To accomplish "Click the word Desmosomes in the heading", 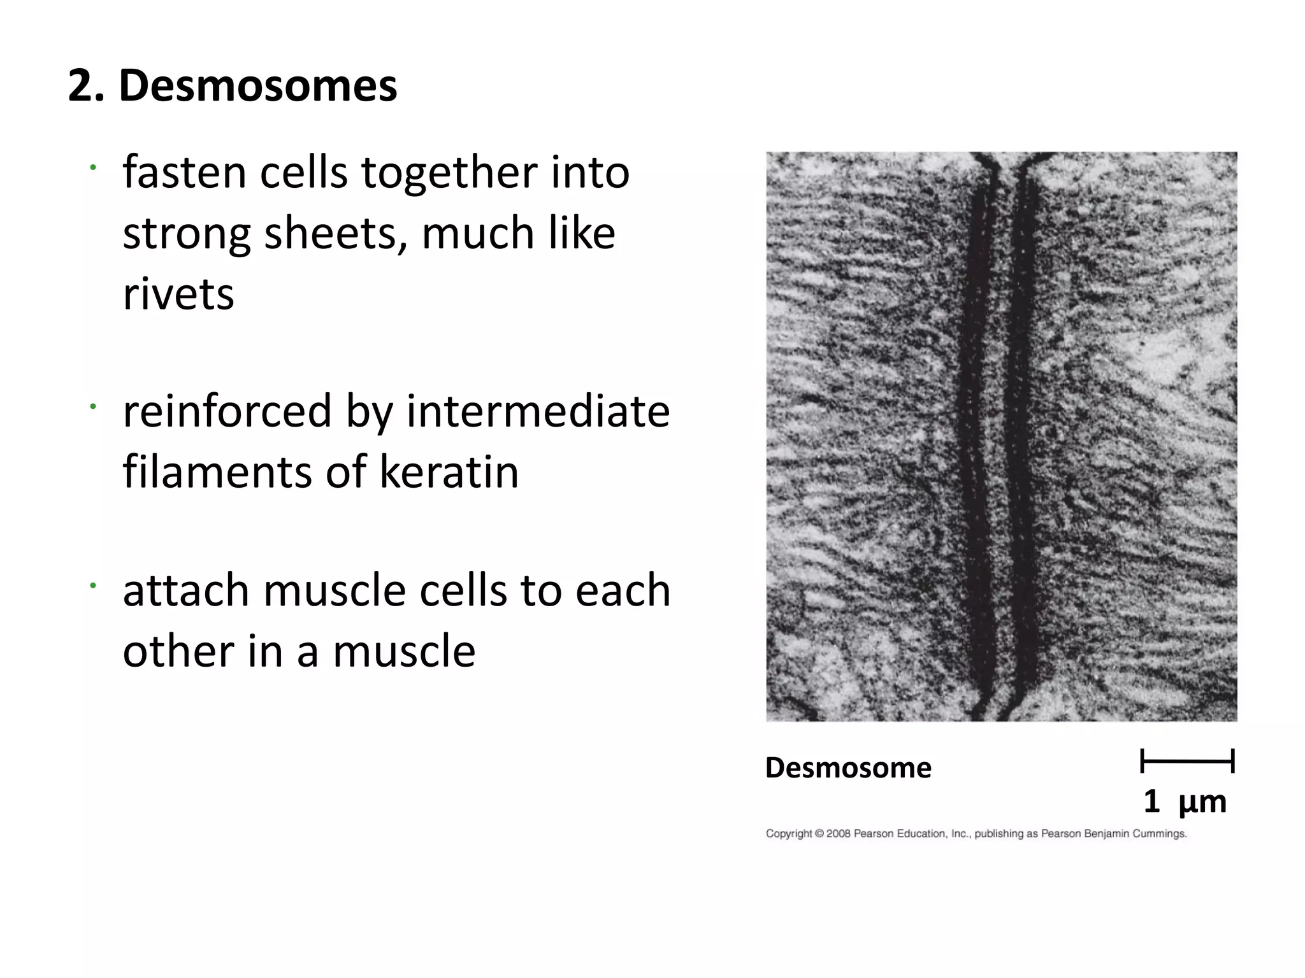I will pyautogui.click(x=257, y=85).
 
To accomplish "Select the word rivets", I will pyautogui.click(x=178, y=294).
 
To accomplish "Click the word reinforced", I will pyautogui.click(x=227, y=411).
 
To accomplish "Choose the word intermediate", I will pyautogui.click(x=538, y=411).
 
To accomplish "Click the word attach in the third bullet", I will pyautogui.click(x=185, y=590).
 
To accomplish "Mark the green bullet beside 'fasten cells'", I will pyautogui.click(x=92, y=167).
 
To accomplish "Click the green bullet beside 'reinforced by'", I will pyautogui.click(x=92, y=406).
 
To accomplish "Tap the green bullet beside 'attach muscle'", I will pyautogui.click(x=92, y=585).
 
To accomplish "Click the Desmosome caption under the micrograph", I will pyautogui.click(x=847, y=767).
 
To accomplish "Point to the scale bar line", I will pyautogui.click(x=1187, y=761).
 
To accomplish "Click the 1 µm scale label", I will pyautogui.click(x=1184, y=801).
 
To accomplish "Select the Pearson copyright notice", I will pyautogui.click(x=976, y=833).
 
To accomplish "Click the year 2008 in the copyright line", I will pyautogui.click(x=839, y=833).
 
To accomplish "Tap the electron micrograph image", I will pyautogui.click(x=1001, y=436).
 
